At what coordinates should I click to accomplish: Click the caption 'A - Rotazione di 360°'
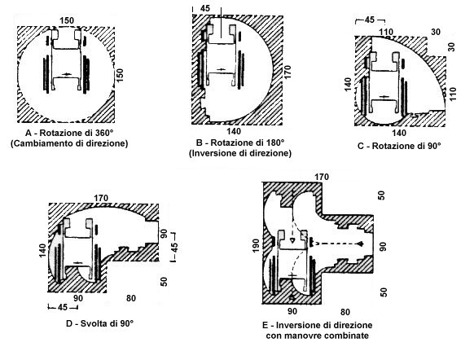coord(69,133)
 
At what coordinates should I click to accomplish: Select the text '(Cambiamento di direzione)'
coord(69,143)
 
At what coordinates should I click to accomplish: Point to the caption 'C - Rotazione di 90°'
coord(399,146)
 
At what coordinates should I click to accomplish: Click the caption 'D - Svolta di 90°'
coord(99,323)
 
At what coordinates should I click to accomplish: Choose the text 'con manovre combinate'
coord(318,336)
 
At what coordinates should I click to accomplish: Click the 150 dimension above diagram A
coord(67,20)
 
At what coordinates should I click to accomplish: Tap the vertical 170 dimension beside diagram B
coord(287,72)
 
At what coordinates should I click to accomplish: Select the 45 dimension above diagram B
coord(205,8)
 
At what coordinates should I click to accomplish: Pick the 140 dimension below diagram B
coord(234,131)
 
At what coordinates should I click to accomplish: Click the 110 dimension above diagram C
coord(386,32)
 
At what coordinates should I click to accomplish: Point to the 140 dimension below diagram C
coord(399,133)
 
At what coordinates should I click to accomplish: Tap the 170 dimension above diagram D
coord(101,198)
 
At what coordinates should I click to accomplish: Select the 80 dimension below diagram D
coord(131,298)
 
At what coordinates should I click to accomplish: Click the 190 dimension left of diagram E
coord(256,246)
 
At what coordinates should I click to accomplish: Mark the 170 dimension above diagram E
coord(321,177)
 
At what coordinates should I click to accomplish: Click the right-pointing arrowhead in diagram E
coord(361,244)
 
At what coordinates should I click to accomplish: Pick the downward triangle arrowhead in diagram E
coord(292,240)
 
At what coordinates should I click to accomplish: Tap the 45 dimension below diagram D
coord(63,307)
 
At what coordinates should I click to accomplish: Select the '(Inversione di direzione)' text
coord(240,153)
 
